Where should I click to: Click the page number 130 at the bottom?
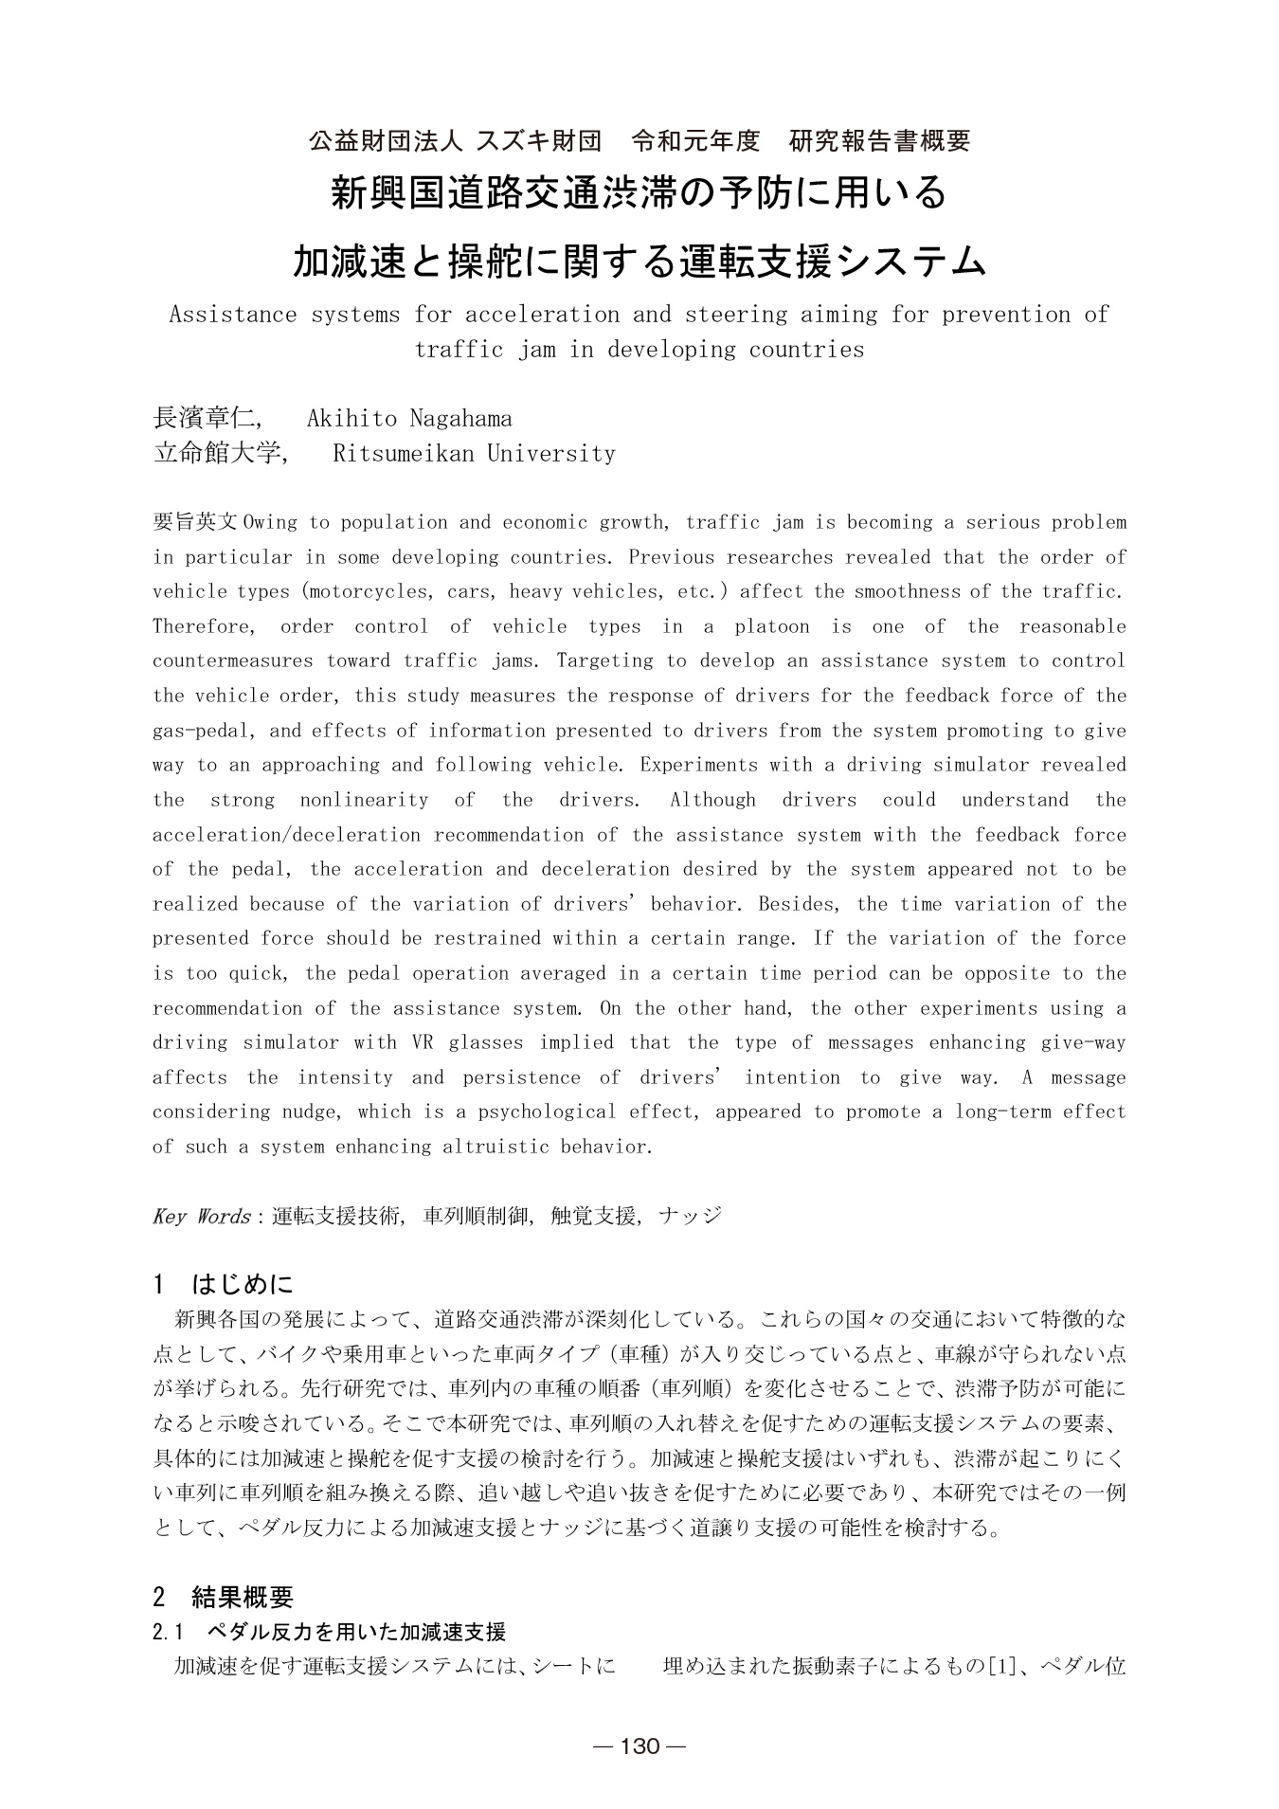[x=639, y=1746]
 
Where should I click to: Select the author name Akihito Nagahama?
[x=409, y=418]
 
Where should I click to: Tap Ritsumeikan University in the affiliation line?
[x=474, y=453]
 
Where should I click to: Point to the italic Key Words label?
[x=201, y=1216]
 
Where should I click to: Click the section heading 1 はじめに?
[x=224, y=1285]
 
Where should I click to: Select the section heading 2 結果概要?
[x=224, y=1598]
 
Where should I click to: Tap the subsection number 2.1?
[x=167, y=1632]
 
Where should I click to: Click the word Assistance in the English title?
[x=233, y=315]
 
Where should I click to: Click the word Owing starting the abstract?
[x=270, y=523]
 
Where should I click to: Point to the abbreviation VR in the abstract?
[x=423, y=1043]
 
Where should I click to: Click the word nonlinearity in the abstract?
[x=364, y=801]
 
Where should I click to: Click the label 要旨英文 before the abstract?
[x=196, y=523]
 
